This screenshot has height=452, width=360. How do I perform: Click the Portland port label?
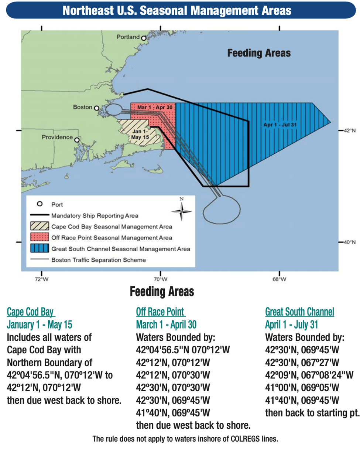[x=128, y=37]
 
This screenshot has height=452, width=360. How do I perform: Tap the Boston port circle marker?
[x=97, y=108]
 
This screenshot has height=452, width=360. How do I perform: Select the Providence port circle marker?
[x=77, y=140]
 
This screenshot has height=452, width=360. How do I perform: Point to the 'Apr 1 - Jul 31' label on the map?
[x=281, y=125]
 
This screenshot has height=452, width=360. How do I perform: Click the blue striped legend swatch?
[x=40, y=249]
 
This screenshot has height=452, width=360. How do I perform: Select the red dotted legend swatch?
[x=40, y=238]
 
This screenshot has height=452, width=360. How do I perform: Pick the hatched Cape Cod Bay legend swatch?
[x=40, y=226]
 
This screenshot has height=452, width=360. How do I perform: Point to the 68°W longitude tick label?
[x=280, y=279]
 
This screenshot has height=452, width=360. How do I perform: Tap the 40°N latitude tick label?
[x=349, y=242]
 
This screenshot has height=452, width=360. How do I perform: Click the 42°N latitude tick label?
[x=349, y=130]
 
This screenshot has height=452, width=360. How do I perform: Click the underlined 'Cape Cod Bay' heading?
[x=31, y=312]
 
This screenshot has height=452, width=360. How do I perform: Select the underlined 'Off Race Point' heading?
[x=160, y=312]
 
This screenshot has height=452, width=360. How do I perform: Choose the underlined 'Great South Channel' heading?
[x=299, y=312]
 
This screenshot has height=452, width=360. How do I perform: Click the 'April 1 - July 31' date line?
[x=292, y=325]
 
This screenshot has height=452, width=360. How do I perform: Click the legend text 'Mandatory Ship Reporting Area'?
[x=95, y=215]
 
